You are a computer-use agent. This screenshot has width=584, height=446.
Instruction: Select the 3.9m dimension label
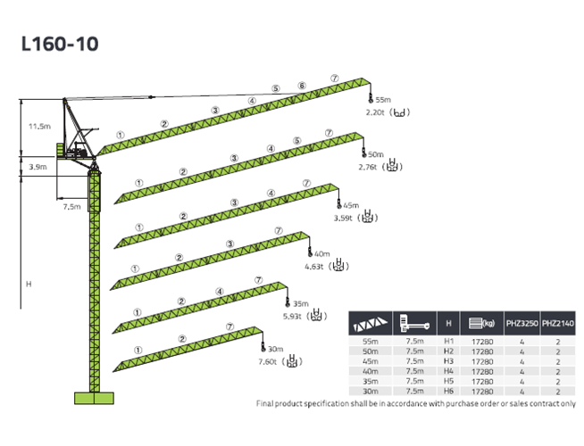pos(38,167)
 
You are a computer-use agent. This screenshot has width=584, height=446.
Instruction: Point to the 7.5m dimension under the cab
pos(71,207)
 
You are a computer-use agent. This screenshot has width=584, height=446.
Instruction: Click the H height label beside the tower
pos(29,284)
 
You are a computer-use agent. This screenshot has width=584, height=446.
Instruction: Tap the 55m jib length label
pos(384,100)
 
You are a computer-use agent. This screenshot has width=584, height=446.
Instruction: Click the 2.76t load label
pos(367,166)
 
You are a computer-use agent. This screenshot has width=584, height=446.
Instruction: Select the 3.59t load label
pos(344,217)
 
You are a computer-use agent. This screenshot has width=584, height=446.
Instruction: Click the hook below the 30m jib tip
pos(263,345)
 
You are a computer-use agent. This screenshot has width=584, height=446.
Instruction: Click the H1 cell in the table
pos(448,342)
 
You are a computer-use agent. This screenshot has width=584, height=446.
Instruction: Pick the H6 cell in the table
pos(448,391)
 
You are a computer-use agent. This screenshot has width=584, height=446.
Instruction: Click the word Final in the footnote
pos(268,403)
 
